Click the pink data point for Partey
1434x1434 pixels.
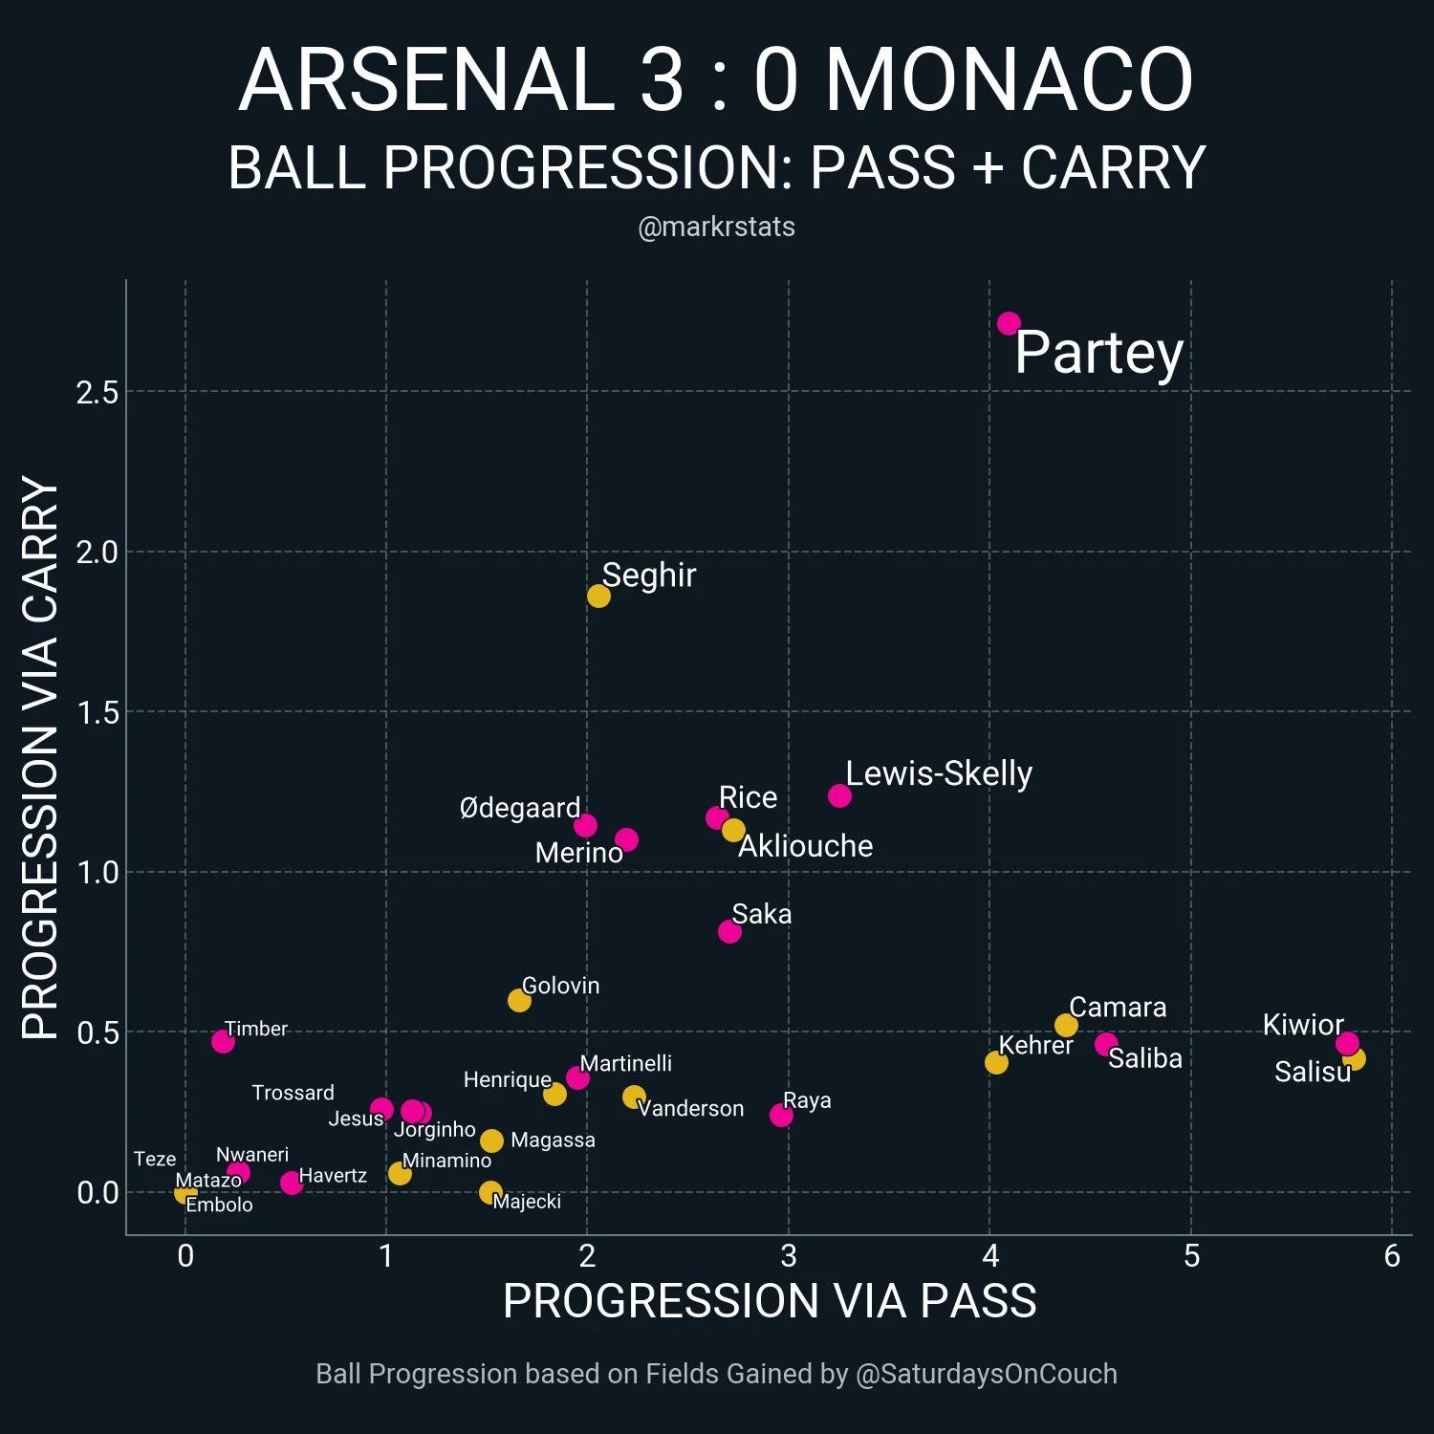[1009, 324]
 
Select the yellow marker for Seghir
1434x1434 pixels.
[598, 597]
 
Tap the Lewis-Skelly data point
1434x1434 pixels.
[839, 795]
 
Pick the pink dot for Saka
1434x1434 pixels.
[729, 931]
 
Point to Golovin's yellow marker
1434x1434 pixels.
[519, 1000]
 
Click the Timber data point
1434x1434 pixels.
[223, 1041]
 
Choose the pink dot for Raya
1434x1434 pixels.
[781, 1115]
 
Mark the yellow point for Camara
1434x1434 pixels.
[1066, 1026]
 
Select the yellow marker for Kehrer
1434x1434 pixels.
[996, 1062]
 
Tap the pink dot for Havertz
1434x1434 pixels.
[292, 1183]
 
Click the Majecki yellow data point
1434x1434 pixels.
[490, 1192]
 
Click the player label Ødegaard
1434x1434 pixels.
[520, 808]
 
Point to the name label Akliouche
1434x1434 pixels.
[805, 846]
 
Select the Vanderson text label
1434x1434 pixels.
[690, 1108]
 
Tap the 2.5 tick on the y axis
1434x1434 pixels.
[98, 392]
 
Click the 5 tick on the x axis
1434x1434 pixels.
[1191, 1255]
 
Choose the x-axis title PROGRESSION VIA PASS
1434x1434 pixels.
[770, 1301]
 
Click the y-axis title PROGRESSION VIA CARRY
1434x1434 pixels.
[40, 757]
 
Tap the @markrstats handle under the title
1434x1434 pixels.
[716, 227]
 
